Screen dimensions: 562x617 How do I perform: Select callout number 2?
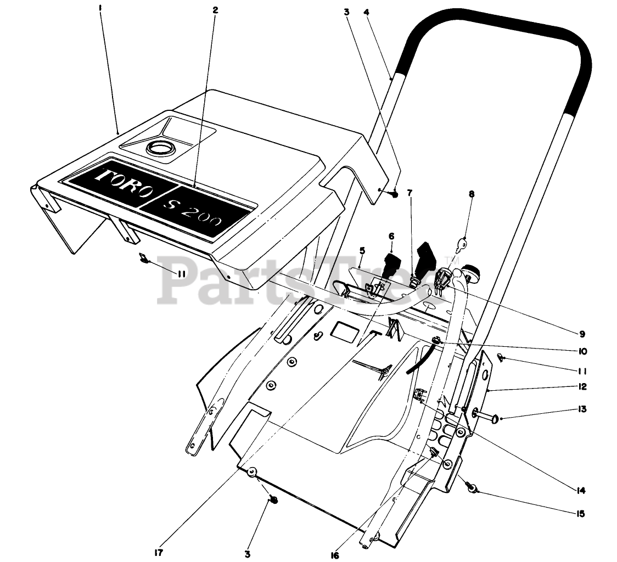tap(215, 10)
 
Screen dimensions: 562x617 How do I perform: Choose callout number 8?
tap(472, 193)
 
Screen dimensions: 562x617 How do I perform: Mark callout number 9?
tap(581, 333)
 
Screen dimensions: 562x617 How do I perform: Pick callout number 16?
tap(335, 555)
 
